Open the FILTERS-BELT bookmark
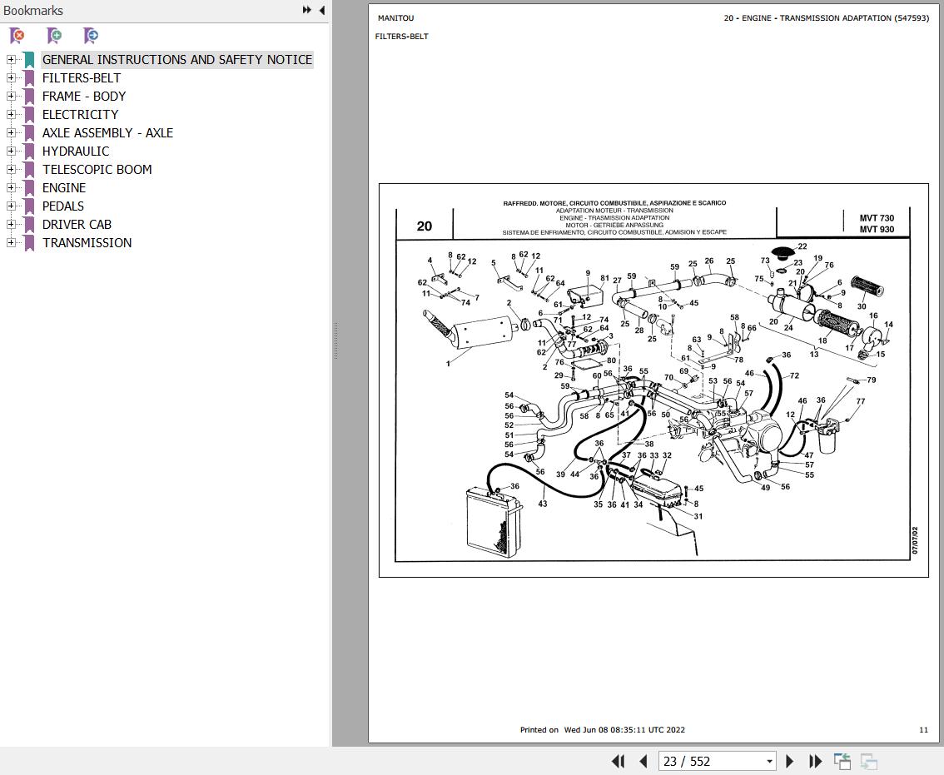[82, 77]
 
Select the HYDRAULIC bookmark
[76, 152]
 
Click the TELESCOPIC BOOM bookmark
[97, 169]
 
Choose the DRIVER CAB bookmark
[77, 224]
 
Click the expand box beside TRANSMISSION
[11, 243]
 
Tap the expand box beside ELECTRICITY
[11, 114]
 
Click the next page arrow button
[790, 761]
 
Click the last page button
[815, 761]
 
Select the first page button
[619, 761]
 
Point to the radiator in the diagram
[494, 521]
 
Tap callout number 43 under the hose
[543, 504]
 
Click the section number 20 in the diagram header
[425, 226]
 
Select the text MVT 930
[877, 230]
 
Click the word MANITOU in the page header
[395, 18]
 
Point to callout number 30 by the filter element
[862, 306]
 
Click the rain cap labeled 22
[783, 252]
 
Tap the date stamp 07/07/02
[915, 540]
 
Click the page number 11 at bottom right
[923, 730]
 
